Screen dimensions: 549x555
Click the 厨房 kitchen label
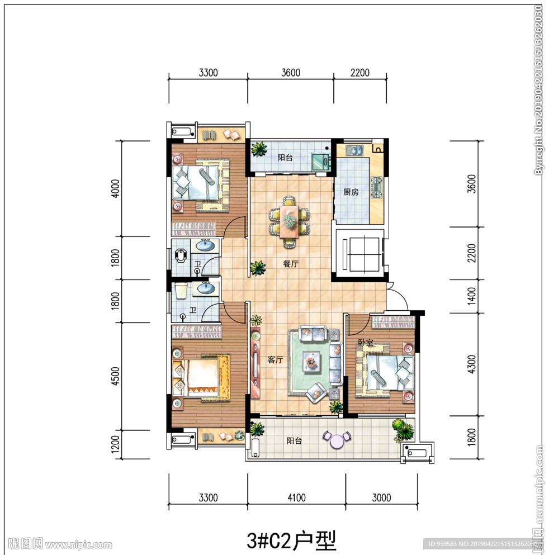pyautogui.click(x=351, y=192)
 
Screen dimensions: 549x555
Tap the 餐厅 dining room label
pyautogui.click(x=291, y=264)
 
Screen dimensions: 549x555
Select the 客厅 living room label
pyautogui.click(x=275, y=360)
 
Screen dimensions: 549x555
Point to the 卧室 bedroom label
pyautogui.click(x=366, y=342)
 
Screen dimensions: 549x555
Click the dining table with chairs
pyautogui.click(x=289, y=222)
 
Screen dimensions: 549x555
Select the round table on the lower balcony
pyautogui.click(x=337, y=440)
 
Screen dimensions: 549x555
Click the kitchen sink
pyautogui.click(x=354, y=150)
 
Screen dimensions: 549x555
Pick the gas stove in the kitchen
pyautogui.click(x=377, y=187)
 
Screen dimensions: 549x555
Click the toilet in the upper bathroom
pyautogui.click(x=181, y=256)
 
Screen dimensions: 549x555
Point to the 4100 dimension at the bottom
pyautogui.click(x=297, y=497)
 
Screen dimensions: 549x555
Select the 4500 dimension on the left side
pyautogui.click(x=115, y=376)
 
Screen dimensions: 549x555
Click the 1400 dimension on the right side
pyautogui.click(x=471, y=296)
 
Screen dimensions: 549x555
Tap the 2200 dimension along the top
pyautogui.click(x=360, y=73)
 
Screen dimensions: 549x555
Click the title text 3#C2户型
pyautogui.click(x=291, y=540)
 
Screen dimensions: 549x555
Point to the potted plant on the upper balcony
pyautogui.click(x=259, y=149)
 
